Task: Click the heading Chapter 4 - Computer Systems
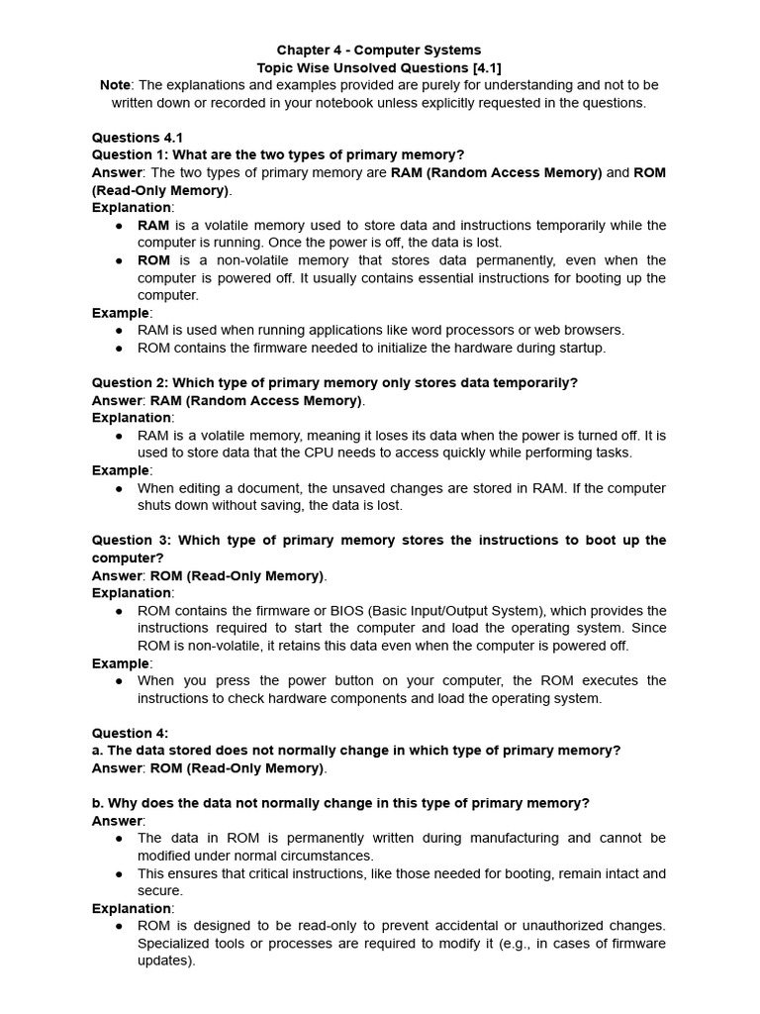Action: click(x=379, y=50)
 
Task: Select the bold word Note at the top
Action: click(x=115, y=85)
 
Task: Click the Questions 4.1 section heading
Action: click(x=138, y=138)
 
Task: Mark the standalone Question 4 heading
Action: click(x=130, y=733)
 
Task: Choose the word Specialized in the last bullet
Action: click(x=175, y=943)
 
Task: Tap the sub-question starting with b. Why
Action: click(x=340, y=803)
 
